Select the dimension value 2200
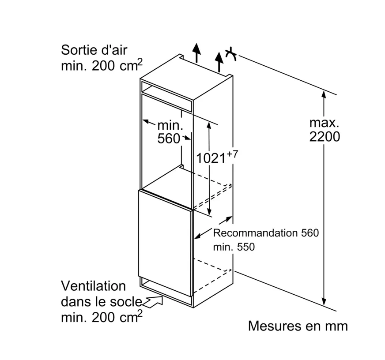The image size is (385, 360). click(325, 137)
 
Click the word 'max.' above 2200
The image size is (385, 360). click(324, 122)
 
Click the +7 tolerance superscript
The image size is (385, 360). click(233, 154)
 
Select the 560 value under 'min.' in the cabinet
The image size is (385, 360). click(169, 139)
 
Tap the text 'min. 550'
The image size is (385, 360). click(234, 247)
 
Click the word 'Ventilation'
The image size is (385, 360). click(93, 286)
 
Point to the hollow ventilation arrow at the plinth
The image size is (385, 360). click(152, 302)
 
